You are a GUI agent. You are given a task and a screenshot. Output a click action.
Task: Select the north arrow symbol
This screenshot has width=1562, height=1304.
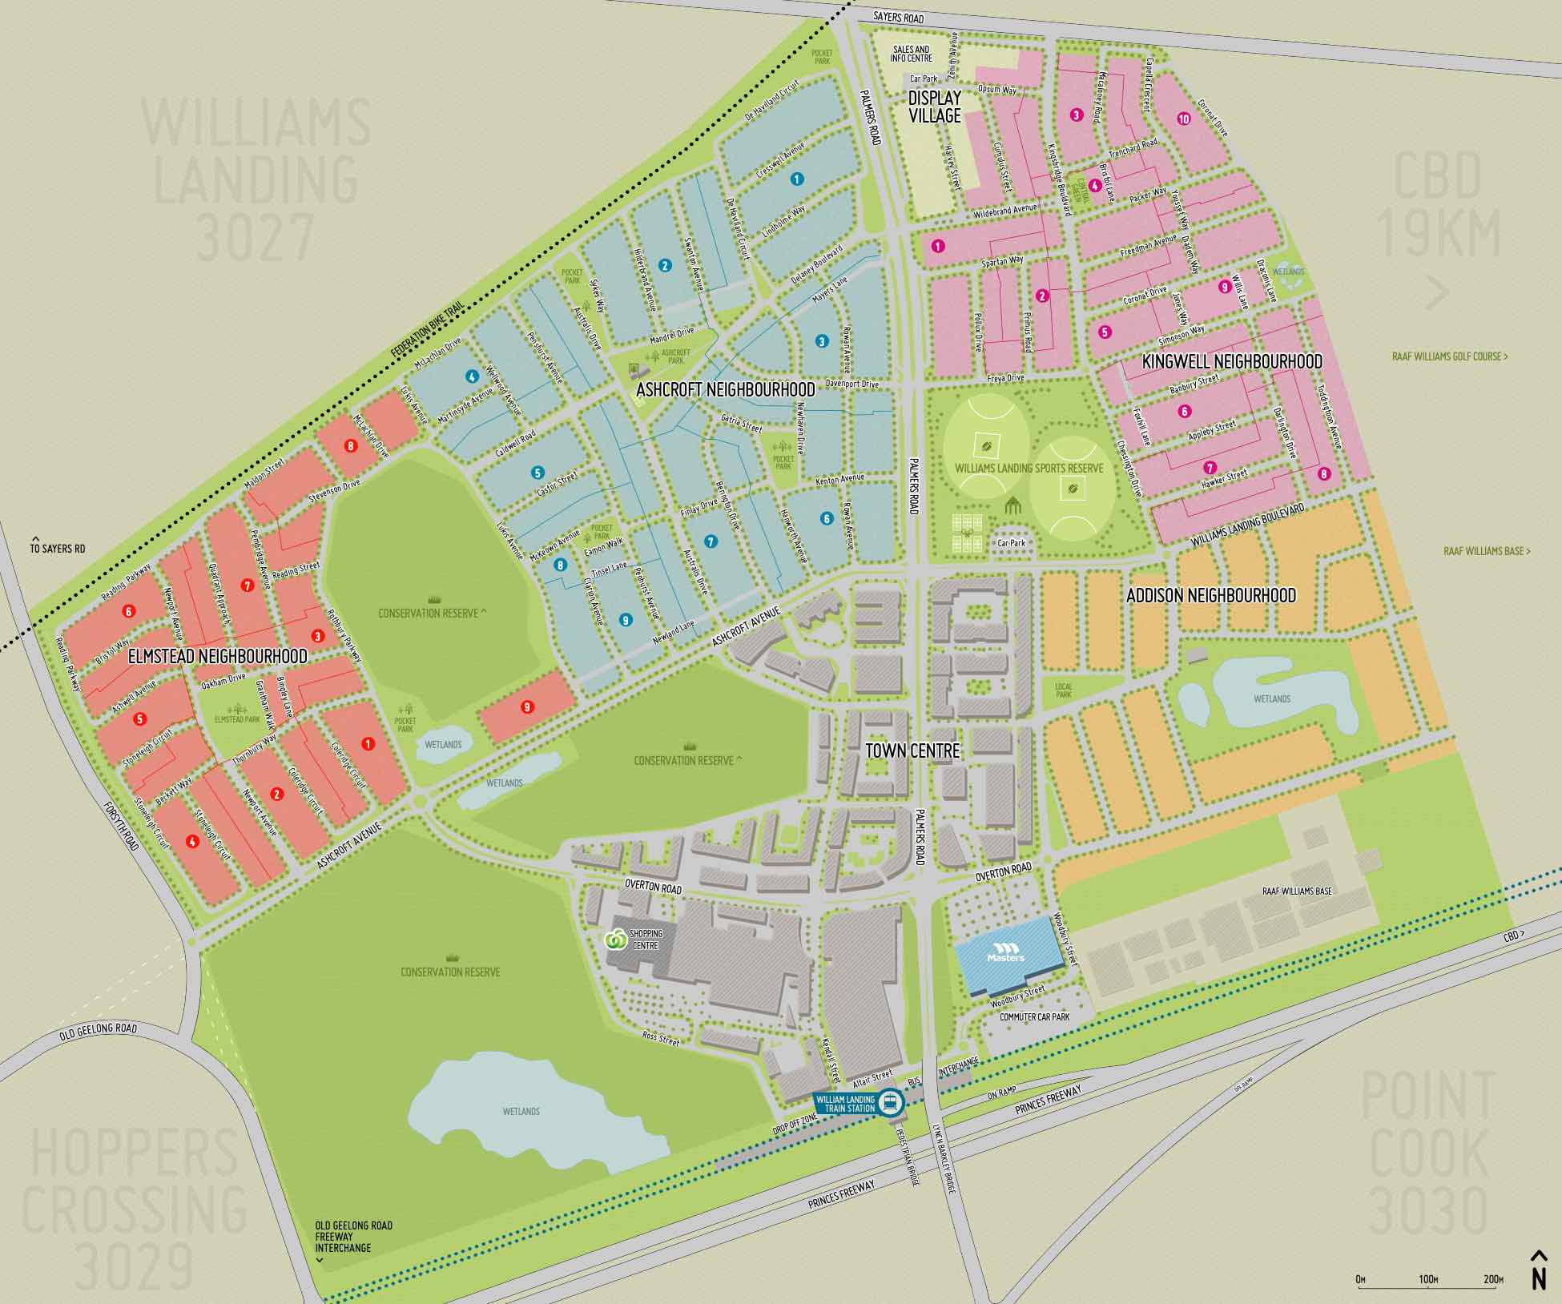[1538, 1269]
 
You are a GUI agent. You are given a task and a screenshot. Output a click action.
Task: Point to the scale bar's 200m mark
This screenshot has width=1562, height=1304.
[1492, 1279]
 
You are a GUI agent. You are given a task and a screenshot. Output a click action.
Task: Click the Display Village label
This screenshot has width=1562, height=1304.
[934, 107]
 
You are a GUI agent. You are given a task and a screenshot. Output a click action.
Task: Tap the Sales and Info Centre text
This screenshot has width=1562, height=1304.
[911, 54]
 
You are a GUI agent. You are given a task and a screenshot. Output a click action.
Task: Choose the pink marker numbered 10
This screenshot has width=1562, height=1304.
[1183, 119]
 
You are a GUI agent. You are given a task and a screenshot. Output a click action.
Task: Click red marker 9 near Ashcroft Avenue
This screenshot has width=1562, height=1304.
[526, 706]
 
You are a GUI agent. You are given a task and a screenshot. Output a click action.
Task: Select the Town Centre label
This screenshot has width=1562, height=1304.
[912, 751]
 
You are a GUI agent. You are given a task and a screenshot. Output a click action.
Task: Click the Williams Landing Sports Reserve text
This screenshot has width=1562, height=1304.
[1029, 468]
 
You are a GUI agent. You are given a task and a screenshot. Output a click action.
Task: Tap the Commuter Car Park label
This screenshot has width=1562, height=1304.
[1034, 1016]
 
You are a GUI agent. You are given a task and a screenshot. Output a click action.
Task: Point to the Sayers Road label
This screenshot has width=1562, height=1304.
[898, 17]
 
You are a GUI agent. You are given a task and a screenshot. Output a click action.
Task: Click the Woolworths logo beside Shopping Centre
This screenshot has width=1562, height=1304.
[615, 939]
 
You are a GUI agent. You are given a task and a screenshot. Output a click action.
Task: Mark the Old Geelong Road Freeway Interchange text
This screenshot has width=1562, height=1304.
[353, 1237]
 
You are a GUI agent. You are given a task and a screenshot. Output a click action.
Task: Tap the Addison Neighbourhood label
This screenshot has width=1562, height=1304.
[1210, 595]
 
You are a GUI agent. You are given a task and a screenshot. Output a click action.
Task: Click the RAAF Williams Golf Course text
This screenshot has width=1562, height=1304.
[1449, 356]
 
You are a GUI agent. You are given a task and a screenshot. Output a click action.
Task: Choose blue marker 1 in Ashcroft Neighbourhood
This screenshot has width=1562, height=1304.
[796, 179]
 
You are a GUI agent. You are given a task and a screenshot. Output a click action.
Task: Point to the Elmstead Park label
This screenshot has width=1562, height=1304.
[237, 719]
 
